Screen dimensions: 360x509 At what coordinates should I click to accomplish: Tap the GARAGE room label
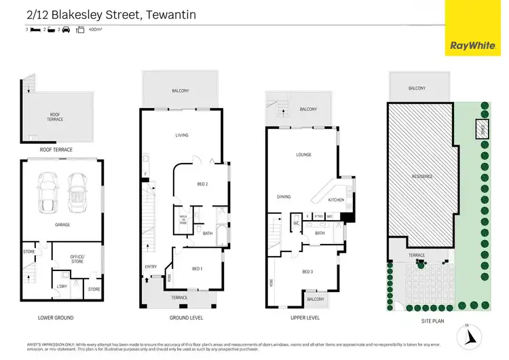point(62,225)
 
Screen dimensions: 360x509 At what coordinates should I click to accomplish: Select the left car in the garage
point(49,191)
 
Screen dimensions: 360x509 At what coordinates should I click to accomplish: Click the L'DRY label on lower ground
point(62,286)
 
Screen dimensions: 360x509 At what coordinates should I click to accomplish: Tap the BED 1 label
point(197,269)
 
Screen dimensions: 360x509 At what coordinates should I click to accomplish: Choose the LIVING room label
point(182,135)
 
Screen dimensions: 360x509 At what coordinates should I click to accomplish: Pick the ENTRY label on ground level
point(151,267)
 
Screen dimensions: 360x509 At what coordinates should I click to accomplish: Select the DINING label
point(284,197)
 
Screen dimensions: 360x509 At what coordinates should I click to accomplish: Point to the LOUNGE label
point(303,155)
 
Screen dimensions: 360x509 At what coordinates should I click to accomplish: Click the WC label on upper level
point(297,222)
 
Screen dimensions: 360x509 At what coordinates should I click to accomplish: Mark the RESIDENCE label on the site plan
point(421,176)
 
